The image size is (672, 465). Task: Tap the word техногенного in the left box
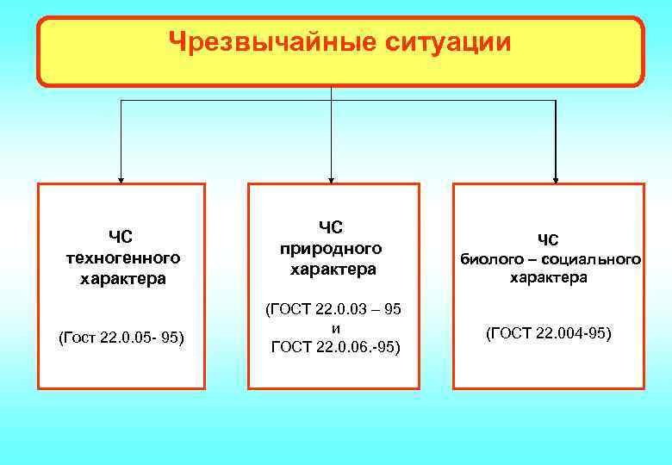(122, 257)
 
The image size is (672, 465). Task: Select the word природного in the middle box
(331, 248)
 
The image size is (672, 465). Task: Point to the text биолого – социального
(550, 257)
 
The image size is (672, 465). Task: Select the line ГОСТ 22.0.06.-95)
(334, 347)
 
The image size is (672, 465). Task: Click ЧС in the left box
(121, 235)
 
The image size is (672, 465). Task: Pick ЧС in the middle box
(331, 226)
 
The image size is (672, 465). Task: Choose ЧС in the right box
(548, 239)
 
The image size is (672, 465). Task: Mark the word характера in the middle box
(333, 270)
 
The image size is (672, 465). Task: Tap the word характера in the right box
(549, 277)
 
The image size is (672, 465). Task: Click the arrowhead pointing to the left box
(121, 179)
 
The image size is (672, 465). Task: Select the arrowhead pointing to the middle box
(331, 179)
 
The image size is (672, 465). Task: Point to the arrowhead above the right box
(557, 179)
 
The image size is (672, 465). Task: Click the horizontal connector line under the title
(224, 101)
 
